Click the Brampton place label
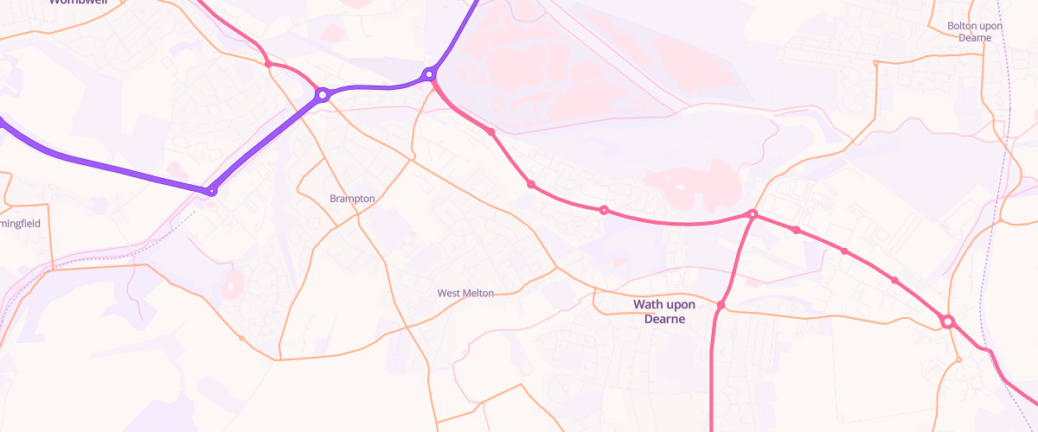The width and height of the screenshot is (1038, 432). coord(352,199)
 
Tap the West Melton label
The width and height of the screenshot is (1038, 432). coord(465,294)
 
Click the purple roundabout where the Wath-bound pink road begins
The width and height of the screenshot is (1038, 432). coord(428,75)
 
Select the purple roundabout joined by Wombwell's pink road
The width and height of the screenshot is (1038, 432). coord(323,94)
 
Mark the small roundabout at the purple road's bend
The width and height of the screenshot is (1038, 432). coord(210,190)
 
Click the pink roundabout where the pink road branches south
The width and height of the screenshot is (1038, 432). coord(753,213)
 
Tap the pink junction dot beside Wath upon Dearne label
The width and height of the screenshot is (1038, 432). coord(721,305)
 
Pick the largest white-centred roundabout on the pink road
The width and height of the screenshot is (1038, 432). coord(947,322)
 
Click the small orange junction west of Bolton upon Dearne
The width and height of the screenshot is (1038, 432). coord(875,63)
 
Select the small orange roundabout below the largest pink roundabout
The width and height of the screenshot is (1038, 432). coord(958,359)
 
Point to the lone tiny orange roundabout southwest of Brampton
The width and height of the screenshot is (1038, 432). coord(241,338)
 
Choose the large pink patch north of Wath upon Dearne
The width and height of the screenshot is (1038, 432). coord(692,181)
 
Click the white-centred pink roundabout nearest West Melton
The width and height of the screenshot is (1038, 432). coord(604,210)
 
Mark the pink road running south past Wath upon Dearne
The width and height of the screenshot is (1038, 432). coord(711,372)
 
